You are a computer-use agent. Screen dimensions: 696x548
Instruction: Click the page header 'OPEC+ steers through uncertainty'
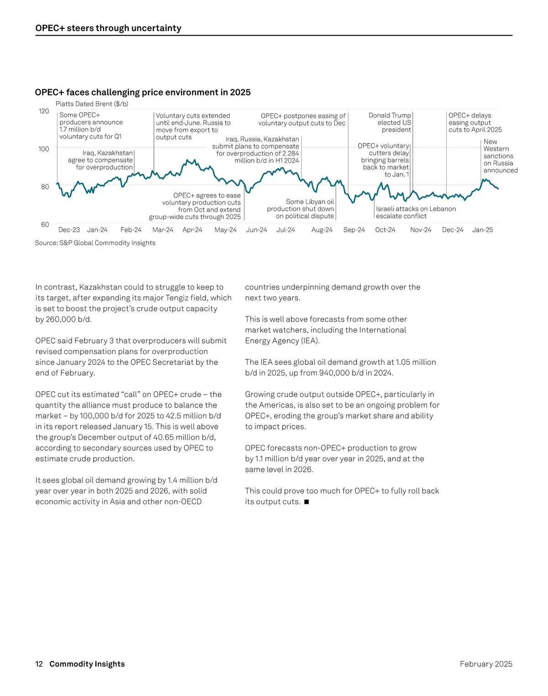click(108, 28)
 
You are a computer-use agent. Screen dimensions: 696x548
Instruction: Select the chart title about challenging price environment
click(142, 92)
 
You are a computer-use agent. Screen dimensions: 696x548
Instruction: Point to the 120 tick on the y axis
click(44, 111)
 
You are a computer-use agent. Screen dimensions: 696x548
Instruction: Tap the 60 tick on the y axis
click(45, 225)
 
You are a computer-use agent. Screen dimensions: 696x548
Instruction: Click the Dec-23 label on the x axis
click(69, 230)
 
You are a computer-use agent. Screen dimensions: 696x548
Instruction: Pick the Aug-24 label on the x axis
click(322, 230)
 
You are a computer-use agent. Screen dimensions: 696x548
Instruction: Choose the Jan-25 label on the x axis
click(483, 230)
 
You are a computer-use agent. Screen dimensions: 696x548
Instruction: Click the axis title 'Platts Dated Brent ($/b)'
click(92, 104)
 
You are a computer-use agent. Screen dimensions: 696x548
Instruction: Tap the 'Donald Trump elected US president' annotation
click(390, 122)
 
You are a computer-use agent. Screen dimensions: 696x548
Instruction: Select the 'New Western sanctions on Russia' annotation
click(500, 156)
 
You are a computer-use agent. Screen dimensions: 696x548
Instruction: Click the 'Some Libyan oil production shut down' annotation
click(301, 209)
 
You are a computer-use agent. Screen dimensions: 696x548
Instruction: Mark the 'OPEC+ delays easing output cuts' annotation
click(474, 122)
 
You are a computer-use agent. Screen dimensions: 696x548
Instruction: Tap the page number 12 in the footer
click(39, 664)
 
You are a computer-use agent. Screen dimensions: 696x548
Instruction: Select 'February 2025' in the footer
click(486, 664)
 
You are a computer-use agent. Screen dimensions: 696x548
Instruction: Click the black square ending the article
click(306, 502)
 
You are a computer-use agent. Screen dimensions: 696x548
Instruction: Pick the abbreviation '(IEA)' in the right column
click(310, 341)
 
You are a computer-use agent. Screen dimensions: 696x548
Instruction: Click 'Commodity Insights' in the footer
click(87, 664)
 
